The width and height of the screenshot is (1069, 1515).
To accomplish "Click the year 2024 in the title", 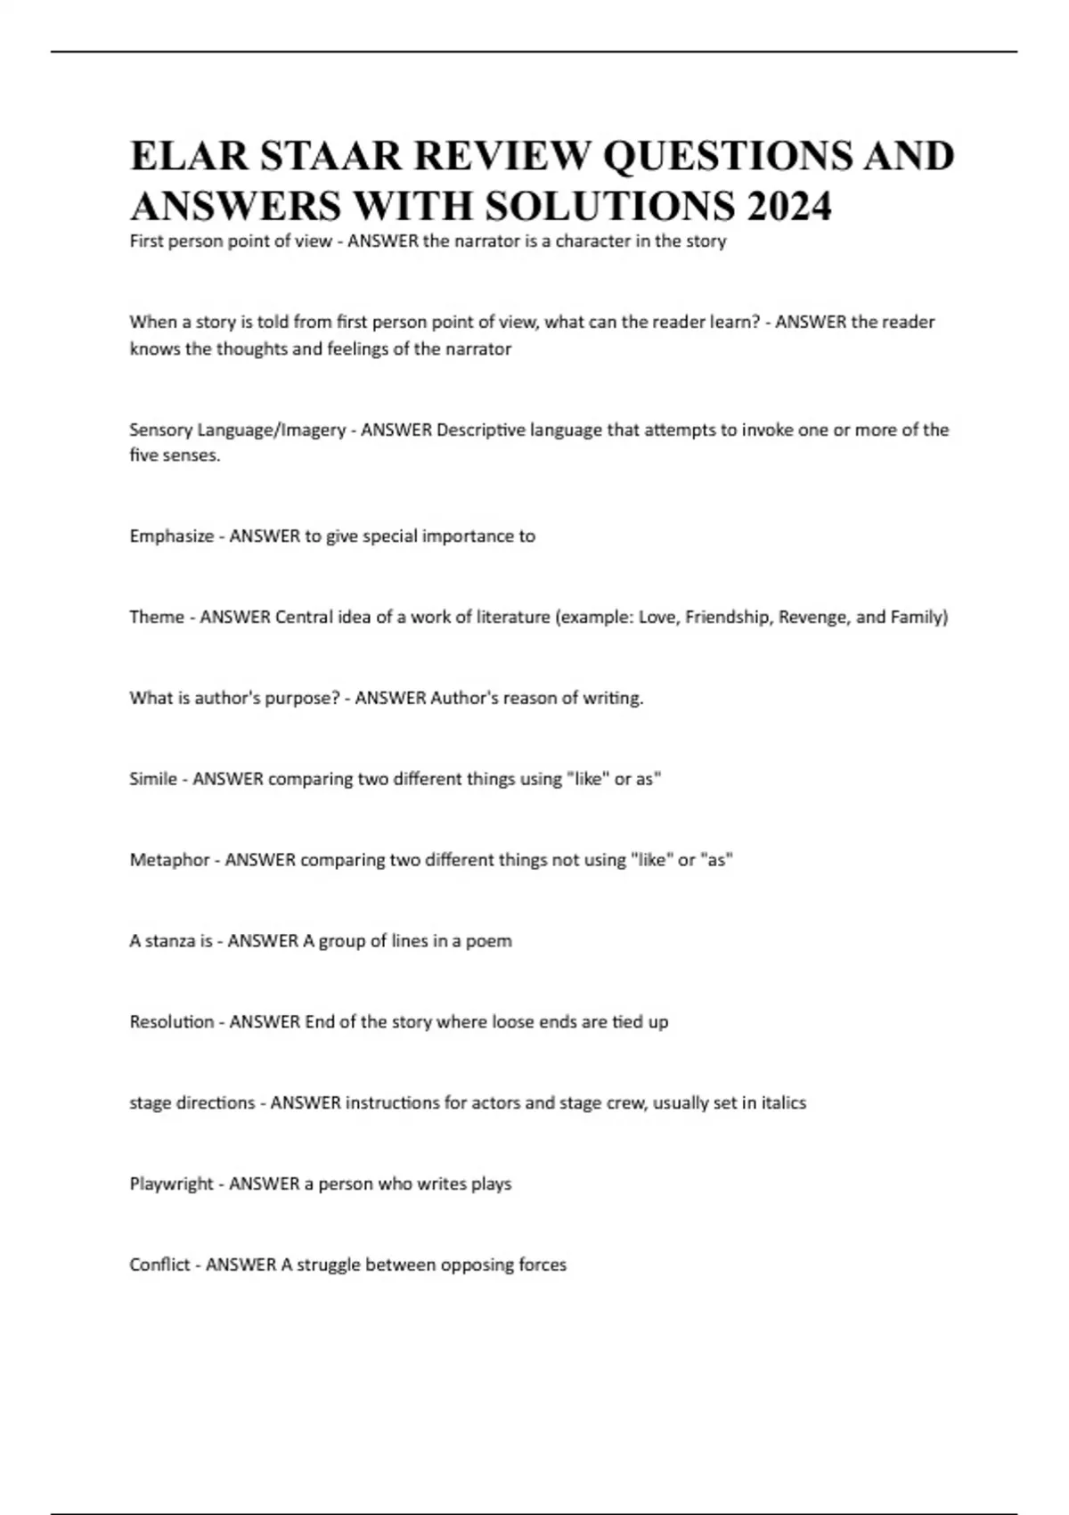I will click(x=789, y=206).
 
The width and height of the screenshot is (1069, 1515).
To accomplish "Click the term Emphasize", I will click(x=171, y=536).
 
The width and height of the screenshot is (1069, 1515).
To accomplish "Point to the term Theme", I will click(x=156, y=617).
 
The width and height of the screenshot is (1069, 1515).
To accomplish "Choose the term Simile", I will click(x=153, y=779).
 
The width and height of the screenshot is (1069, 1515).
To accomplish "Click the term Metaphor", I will click(x=169, y=860).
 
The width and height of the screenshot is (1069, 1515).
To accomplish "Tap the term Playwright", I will click(x=171, y=1183).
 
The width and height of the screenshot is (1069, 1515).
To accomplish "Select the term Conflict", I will click(x=159, y=1265).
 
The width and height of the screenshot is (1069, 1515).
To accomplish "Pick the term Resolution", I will click(x=172, y=1021).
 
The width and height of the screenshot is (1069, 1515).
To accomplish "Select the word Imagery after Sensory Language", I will click(x=313, y=430).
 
